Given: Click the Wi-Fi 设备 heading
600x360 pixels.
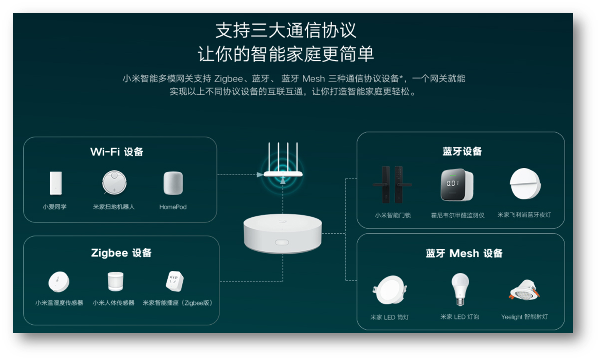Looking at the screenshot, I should click(x=117, y=152).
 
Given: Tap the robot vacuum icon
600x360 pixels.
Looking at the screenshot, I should click(x=114, y=183).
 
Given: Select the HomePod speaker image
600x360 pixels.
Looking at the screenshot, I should click(x=173, y=183).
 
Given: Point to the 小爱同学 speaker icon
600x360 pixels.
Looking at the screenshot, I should click(x=56, y=183).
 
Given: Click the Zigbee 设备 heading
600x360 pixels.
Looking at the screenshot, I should click(x=121, y=253).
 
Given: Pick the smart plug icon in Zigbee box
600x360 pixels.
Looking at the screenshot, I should click(x=174, y=282).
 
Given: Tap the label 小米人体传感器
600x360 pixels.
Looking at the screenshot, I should click(x=113, y=303).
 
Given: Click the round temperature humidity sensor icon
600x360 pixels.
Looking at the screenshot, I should click(x=59, y=282).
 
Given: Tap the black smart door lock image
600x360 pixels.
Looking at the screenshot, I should click(x=392, y=185).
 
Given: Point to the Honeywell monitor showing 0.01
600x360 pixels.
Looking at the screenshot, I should click(x=457, y=185).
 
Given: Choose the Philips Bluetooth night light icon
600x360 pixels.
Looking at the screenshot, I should click(x=525, y=184).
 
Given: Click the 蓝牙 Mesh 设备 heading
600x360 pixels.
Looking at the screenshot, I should click(x=464, y=253).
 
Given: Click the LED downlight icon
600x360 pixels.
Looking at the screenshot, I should click(x=389, y=290).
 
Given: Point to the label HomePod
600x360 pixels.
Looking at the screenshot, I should click(x=173, y=207).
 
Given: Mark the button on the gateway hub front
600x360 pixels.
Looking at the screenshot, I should click(x=282, y=242).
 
